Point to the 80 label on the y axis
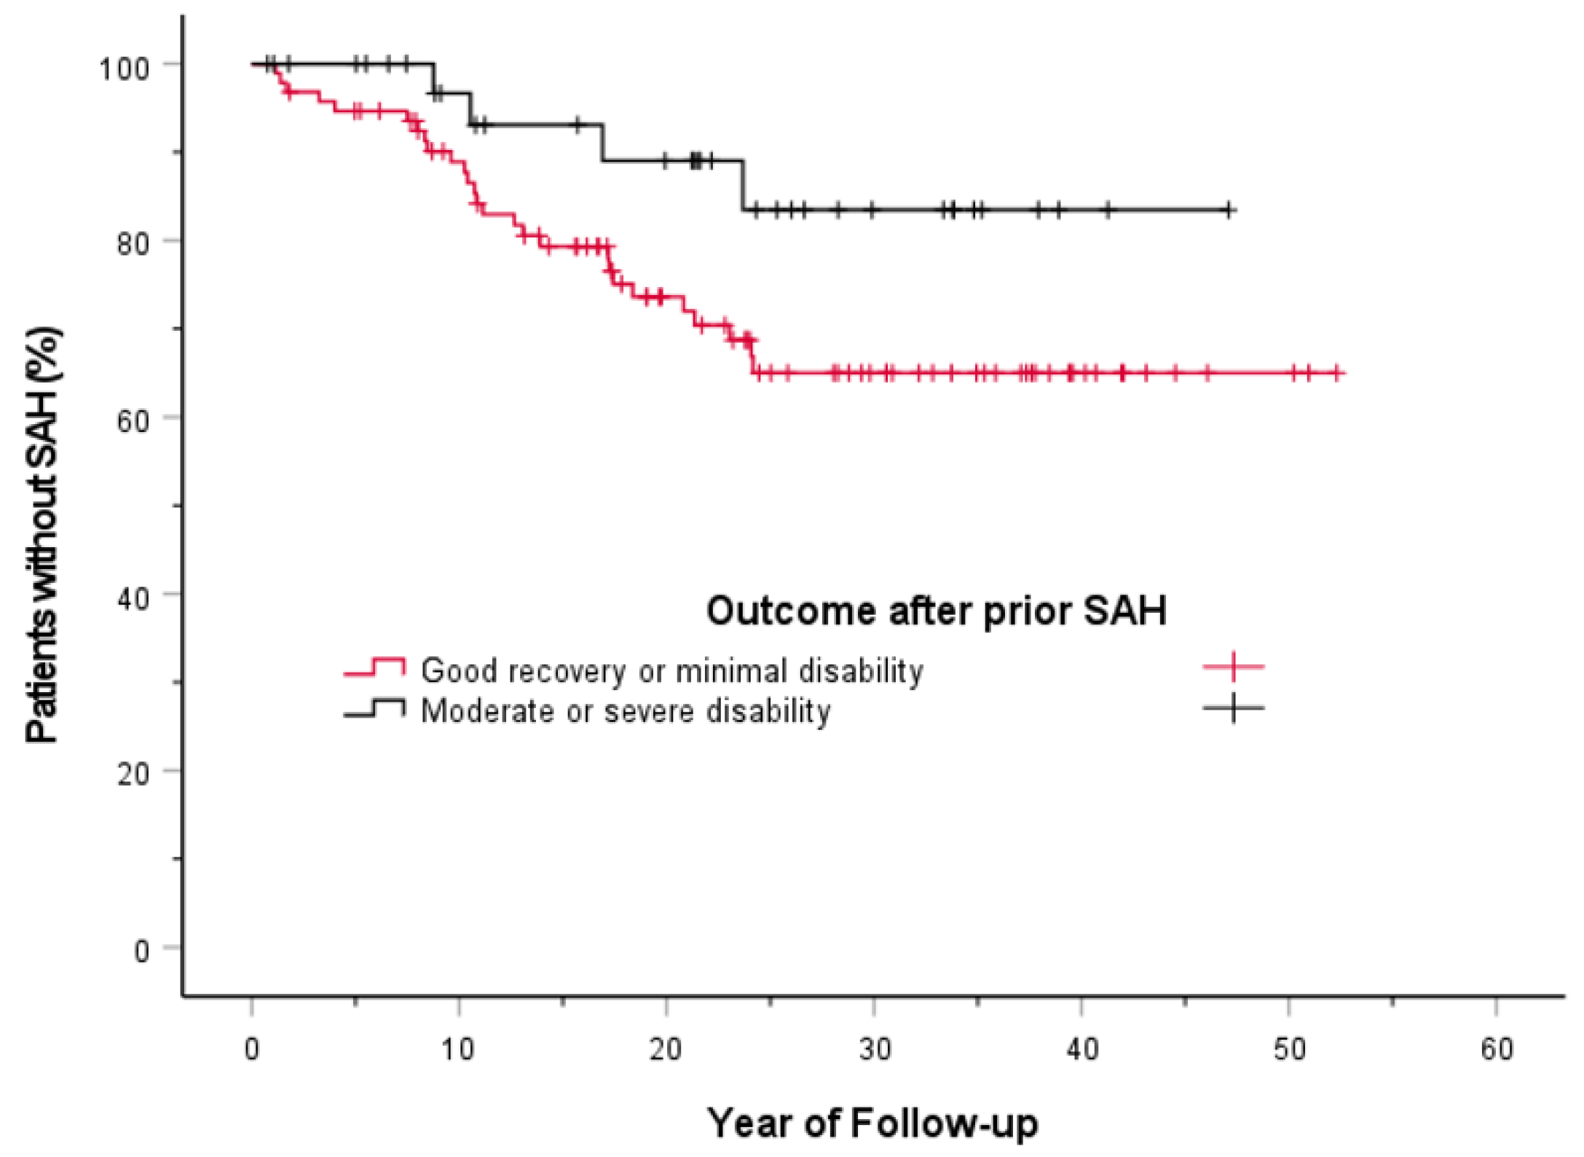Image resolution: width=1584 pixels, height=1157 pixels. point(133,243)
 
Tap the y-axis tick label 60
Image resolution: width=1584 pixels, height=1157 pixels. point(133,420)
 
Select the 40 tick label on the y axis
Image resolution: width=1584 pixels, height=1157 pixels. point(133,598)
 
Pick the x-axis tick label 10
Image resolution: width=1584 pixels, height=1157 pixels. point(458,1050)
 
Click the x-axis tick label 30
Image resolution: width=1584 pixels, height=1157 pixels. point(874,1050)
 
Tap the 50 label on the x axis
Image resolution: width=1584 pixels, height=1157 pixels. point(1289,1050)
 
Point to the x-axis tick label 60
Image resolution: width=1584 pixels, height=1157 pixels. point(1497,1050)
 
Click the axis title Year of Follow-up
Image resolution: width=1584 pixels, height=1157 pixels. point(872,1123)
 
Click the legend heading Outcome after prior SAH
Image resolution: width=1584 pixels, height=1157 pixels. point(936,611)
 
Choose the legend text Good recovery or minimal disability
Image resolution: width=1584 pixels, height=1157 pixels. point(671,670)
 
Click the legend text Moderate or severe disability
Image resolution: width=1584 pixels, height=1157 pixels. point(625,711)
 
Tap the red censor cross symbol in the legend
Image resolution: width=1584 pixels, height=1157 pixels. point(1233,666)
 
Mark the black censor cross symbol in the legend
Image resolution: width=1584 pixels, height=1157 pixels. point(1233,707)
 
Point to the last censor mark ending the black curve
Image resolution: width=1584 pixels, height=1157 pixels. point(1229,211)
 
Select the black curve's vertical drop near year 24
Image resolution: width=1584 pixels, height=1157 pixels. point(743,186)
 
